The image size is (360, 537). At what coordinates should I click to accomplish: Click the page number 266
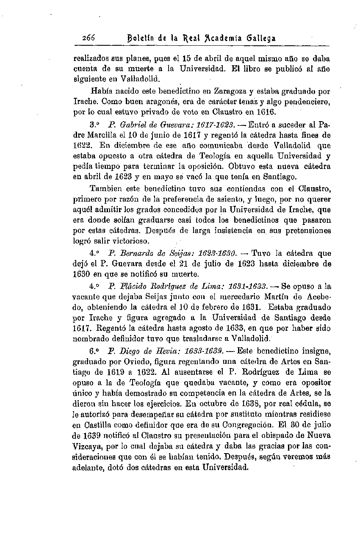pyautogui.click(x=89, y=38)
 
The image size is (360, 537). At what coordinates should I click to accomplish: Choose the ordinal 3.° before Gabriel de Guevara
pyautogui.click(x=94, y=126)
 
